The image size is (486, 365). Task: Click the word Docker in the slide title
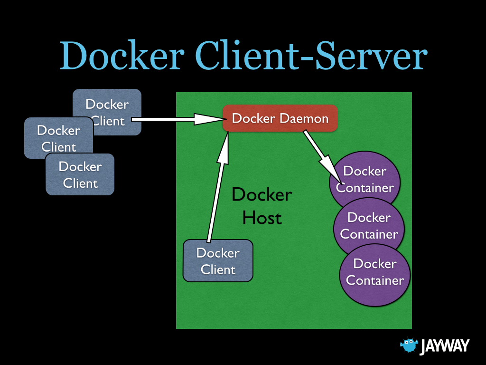pos(121,56)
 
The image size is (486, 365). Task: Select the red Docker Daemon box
pos(280,118)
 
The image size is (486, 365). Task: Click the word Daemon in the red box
pos(304,118)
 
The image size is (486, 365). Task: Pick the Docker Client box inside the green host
pos(218,261)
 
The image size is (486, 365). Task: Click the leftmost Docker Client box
pos(52,138)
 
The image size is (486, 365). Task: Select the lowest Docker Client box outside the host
pos(80,175)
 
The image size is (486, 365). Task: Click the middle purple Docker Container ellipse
pos(369,226)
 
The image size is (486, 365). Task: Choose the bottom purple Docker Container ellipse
pos(374,273)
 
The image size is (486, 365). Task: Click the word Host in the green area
pos(262,218)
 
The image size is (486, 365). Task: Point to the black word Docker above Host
pos(262,195)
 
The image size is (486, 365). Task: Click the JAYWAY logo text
pos(444,346)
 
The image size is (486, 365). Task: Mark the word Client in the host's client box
pos(218,269)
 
